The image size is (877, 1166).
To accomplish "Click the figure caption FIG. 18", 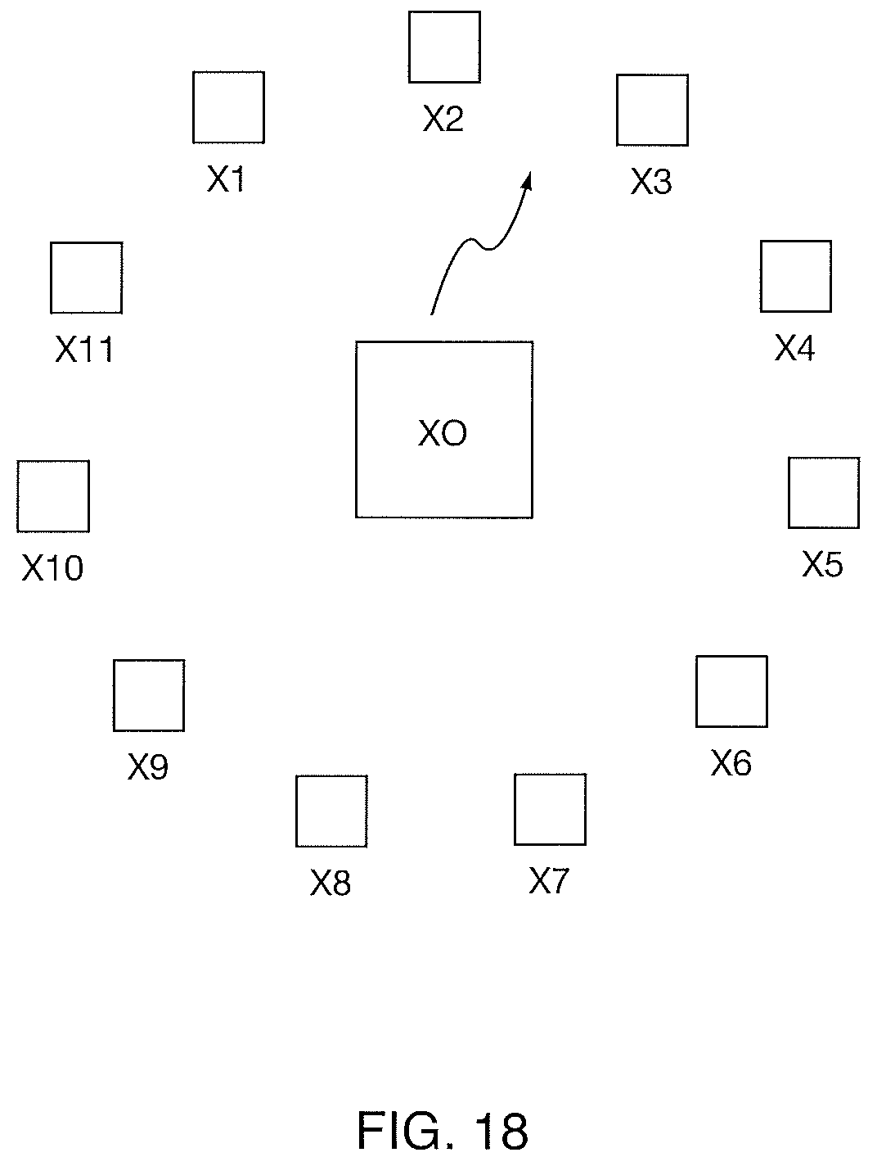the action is click(443, 1130).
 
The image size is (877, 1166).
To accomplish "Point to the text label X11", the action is click(83, 350).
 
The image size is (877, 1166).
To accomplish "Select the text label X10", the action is click(52, 568).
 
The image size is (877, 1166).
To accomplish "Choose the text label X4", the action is click(794, 348).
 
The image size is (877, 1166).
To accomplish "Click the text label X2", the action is click(443, 118).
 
